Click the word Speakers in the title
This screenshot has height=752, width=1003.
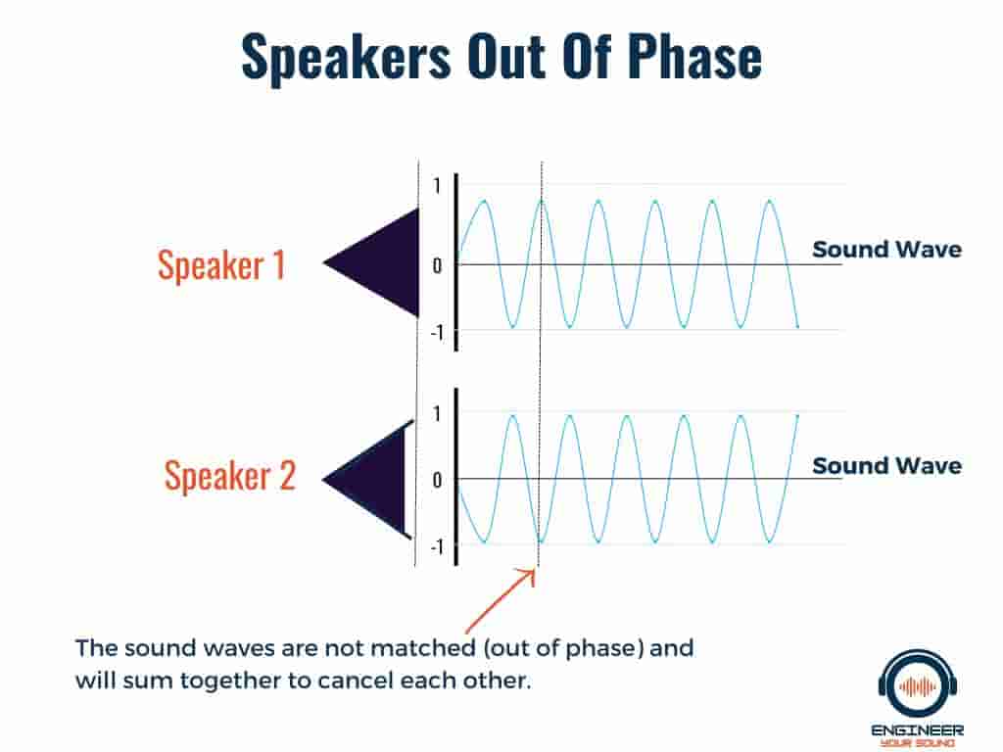[346, 56]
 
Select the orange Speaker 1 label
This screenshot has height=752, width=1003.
[221, 264]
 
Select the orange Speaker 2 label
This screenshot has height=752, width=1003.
[230, 476]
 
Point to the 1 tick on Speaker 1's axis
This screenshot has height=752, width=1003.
[437, 186]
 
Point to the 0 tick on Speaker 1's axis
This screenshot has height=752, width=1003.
[437, 265]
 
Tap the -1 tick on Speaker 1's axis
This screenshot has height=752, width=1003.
[436, 333]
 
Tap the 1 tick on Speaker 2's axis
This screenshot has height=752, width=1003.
[437, 414]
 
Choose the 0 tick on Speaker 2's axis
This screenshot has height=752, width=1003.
[437, 480]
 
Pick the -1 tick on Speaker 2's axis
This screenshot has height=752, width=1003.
[436, 547]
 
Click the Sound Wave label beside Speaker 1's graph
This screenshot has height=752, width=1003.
[886, 250]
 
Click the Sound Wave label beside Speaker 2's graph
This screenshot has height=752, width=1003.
[886, 465]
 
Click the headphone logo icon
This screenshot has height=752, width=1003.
[918, 684]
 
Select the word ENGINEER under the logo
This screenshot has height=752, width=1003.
[917, 730]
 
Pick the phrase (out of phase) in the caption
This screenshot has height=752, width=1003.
[563, 648]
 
